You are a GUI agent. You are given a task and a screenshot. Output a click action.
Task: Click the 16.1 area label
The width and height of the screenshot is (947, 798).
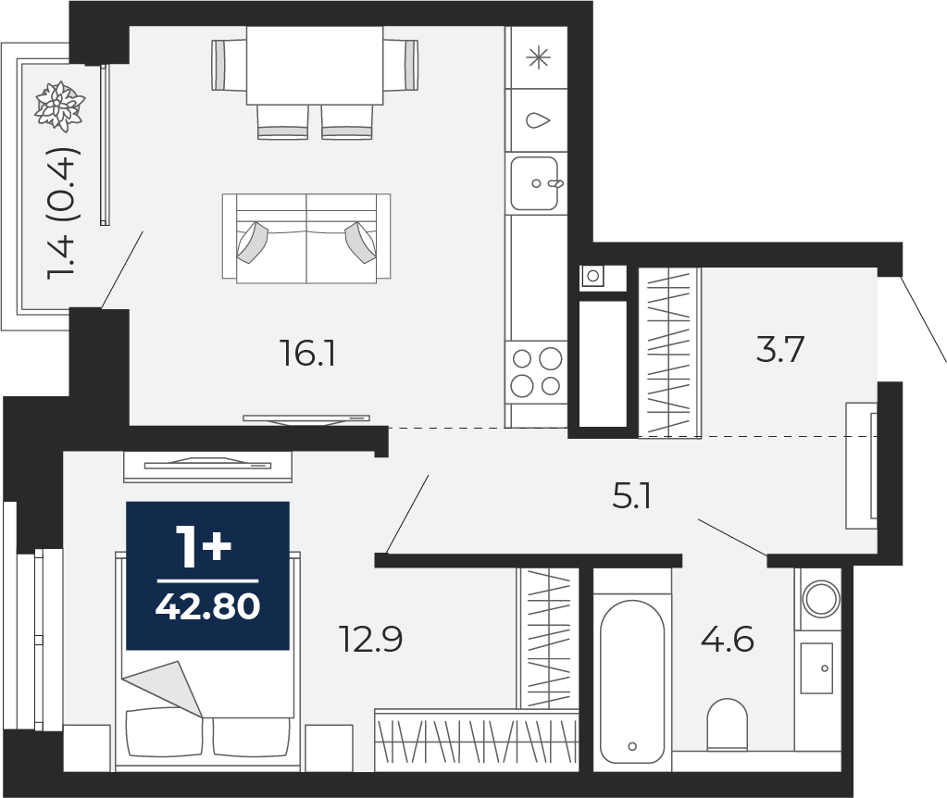coord(307,354)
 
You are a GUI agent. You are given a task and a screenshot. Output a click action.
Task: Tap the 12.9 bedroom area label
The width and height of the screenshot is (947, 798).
coord(370,639)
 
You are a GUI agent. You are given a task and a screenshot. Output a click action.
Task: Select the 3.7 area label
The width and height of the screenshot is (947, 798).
coord(780,350)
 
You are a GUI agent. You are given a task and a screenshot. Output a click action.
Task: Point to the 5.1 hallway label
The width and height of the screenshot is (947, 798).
coord(631,498)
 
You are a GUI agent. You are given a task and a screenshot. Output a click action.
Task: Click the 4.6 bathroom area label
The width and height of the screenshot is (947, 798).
coord(728,639)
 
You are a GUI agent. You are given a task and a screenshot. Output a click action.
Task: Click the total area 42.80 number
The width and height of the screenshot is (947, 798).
coord(207,606)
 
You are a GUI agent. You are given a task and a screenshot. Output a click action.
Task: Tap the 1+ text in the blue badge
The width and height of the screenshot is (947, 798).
coord(203,547)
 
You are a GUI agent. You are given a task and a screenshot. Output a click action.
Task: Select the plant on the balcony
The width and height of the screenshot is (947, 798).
coord(59,106)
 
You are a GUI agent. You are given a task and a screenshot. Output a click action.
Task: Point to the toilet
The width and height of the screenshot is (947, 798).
coord(728,724)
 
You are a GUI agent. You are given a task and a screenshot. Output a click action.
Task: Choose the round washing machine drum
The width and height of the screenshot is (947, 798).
coord(821,599)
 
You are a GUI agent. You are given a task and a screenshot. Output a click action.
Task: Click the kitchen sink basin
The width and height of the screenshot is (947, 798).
coord(534,183)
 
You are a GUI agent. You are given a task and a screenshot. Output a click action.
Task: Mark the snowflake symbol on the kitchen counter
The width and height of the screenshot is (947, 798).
coord(538,58)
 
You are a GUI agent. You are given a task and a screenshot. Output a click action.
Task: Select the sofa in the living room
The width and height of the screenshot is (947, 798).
coord(306,239)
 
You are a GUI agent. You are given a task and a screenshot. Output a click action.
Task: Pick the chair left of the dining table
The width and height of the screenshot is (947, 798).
coord(229,65)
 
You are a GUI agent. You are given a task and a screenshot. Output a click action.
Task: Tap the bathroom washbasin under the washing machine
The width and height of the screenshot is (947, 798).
coord(816,668)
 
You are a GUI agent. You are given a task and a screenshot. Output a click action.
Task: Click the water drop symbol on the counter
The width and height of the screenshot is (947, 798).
coord(538,120)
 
